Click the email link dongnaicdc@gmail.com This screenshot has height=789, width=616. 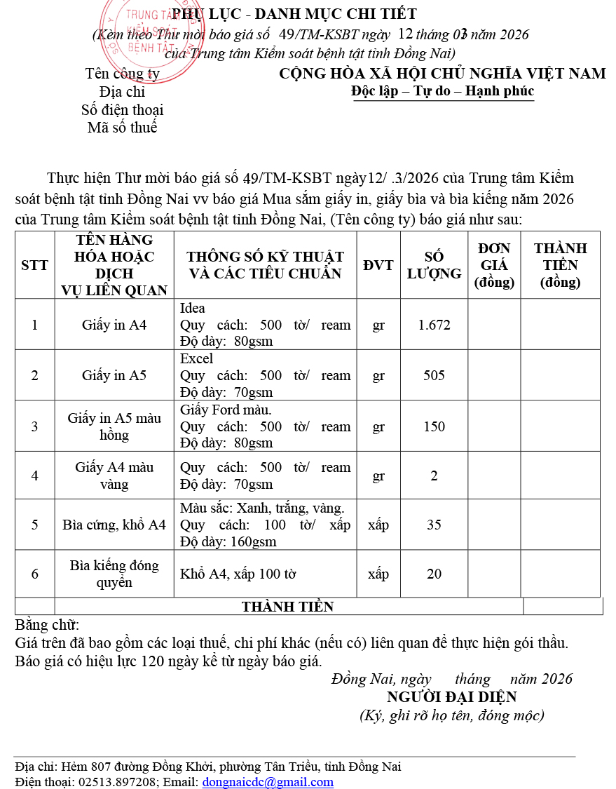[x=268, y=782]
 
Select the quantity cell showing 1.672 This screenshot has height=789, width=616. [x=434, y=325]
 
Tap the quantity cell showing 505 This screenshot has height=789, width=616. [x=434, y=375]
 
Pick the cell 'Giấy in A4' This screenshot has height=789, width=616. [x=114, y=325]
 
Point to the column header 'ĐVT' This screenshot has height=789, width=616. [x=378, y=265]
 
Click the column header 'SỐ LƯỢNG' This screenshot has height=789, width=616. [x=434, y=265]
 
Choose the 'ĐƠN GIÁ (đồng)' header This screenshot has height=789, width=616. [x=494, y=265]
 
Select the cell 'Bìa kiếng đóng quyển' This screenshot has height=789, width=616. [x=114, y=574]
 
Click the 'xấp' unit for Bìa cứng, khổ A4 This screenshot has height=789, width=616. [x=378, y=525]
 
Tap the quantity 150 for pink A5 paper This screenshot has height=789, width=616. [x=434, y=426]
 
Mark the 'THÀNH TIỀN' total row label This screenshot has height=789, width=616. [x=288, y=607]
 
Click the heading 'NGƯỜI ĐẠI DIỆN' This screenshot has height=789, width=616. [x=451, y=696]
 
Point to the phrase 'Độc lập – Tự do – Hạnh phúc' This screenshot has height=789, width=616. [x=443, y=91]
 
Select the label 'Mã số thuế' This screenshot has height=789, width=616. [x=123, y=128]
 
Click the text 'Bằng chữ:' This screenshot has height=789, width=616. [x=47, y=624]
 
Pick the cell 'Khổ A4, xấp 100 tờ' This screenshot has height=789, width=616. [x=238, y=574]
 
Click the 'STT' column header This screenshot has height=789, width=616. [x=35, y=265]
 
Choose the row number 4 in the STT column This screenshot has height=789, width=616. [x=35, y=476]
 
